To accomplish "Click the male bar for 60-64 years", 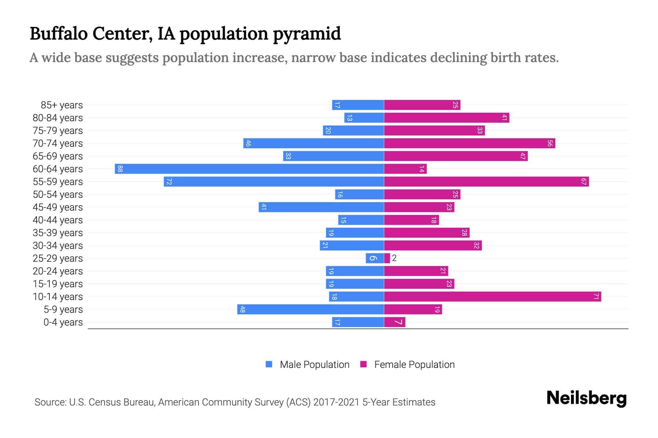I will click(x=249, y=169).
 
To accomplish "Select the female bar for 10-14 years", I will click(x=492, y=297).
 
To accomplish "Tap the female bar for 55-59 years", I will click(x=486, y=182).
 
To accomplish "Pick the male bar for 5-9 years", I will click(x=310, y=310).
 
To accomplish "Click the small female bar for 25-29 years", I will click(x=387, y=258).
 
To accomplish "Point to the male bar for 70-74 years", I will click(x=314, y=143).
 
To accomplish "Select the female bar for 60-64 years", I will click(x=405, y=169).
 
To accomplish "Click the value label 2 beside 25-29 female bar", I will click(x=394, y=258).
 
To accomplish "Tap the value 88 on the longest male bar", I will click(x=120, y=169).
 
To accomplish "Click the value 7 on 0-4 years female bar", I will click(x=398, y=322).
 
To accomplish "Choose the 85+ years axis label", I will click(x=62, y=105).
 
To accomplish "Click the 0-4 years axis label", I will click(x=63, y=322).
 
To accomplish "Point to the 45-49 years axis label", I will click(x=58, y=207).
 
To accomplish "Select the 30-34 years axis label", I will click(x=58, y=246).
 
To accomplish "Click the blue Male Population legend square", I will click(x=269, y=364).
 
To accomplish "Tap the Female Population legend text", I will click(x=414, y=365).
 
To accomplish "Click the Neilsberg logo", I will click(x=586, y=398).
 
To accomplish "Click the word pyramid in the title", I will click(x=307, y=34).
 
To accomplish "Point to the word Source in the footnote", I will click(x=50, y=402).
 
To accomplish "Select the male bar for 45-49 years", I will click(x=321, y=207).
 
